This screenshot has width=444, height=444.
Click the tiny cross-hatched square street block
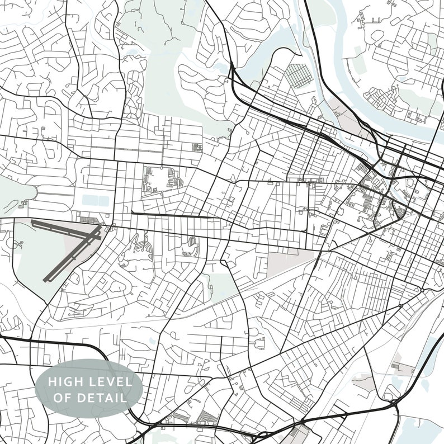[197, 148]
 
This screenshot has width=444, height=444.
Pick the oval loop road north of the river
[377, 36]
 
